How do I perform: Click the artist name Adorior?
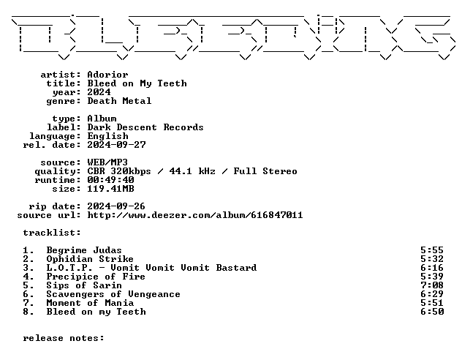click(x=107, y=75)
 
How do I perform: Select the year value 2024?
click(x=99, y=92)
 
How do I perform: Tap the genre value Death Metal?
click(x=119, y=101)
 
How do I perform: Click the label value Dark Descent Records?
click(x=145, y=127)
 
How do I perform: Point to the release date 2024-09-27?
click(x=116, y=145)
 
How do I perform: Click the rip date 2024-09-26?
click(x=116, y=206)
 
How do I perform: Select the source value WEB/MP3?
click(x=107, y=162)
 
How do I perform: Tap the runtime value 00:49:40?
click(x=110, y=180)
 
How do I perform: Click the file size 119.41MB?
click(x=110, y=189)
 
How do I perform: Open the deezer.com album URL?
click(x=195, y=215)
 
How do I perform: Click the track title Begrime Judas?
click(x=84, y=250)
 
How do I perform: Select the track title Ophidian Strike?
click(x=90, y=259)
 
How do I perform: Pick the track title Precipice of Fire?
click(x=96, y=277)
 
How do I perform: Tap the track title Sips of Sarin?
click(x=84, y=285)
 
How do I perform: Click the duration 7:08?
click(x=432, y=285)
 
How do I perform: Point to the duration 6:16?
click(x=432, y=268)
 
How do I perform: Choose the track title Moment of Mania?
click(x=90, y=303)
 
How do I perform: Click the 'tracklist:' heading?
click(x=52, y=233)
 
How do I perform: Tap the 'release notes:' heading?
click(x=64, y=338)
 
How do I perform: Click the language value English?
click(x=107, y=136)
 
